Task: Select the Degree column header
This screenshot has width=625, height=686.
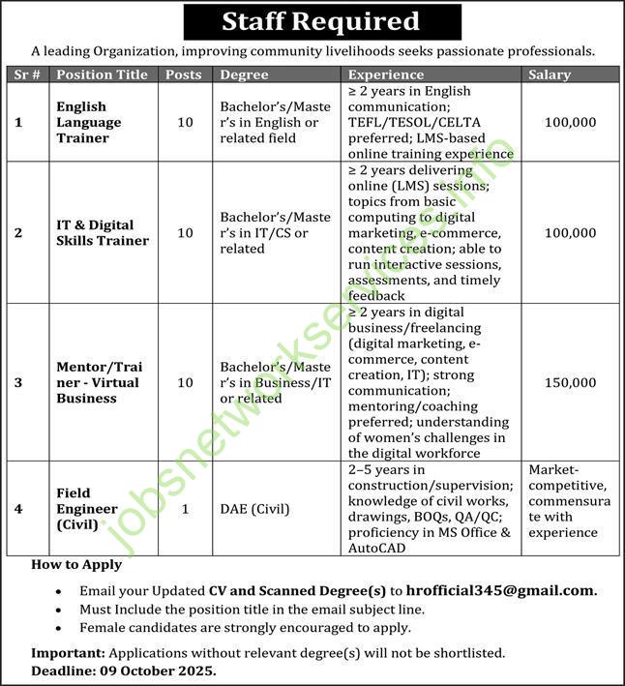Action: click(244, 75)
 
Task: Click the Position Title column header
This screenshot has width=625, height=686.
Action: click(102, 75)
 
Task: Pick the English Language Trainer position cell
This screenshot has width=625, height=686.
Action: click(89, 122)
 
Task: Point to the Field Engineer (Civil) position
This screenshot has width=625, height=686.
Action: click(87, 509)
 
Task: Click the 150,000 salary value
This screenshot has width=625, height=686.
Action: click(571, 383)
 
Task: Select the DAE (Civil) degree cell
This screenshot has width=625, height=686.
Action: click(254, 509)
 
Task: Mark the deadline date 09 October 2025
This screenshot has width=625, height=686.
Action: click(162, 670)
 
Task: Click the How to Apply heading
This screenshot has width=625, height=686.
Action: click(77, 565)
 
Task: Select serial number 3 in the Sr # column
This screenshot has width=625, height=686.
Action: click(17, 383)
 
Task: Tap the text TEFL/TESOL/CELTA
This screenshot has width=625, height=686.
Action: click(414, 122)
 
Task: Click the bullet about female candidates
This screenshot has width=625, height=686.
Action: click(246, 627)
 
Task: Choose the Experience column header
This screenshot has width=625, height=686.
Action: click(386, 75)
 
